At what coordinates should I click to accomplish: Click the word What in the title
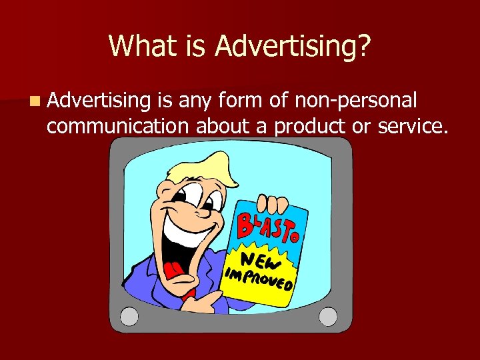click(141, 45)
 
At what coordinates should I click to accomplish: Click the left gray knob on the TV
click(129, 315)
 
